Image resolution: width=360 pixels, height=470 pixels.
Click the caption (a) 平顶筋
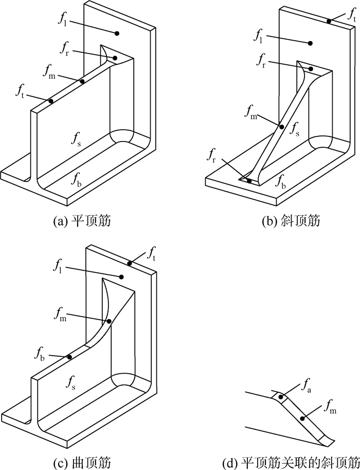82,221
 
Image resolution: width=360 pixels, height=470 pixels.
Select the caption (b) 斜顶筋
291,221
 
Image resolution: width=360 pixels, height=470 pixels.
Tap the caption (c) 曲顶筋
82,462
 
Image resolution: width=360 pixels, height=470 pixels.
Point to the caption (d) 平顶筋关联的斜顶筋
291,462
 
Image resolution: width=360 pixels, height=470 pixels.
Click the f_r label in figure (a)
66,48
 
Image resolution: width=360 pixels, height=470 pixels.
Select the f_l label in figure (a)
62,19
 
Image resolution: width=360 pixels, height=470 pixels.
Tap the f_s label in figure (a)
76,140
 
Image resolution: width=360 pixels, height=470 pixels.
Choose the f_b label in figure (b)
280,181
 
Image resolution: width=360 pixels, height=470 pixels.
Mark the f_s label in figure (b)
294,129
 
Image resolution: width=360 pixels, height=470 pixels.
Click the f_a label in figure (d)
307,386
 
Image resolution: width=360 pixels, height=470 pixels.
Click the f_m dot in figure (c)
109,322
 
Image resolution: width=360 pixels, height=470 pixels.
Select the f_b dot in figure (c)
69,357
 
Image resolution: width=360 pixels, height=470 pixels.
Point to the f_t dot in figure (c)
130,264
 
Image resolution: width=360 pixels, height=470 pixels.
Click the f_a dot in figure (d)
281,397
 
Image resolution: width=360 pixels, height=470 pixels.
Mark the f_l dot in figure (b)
310,43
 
